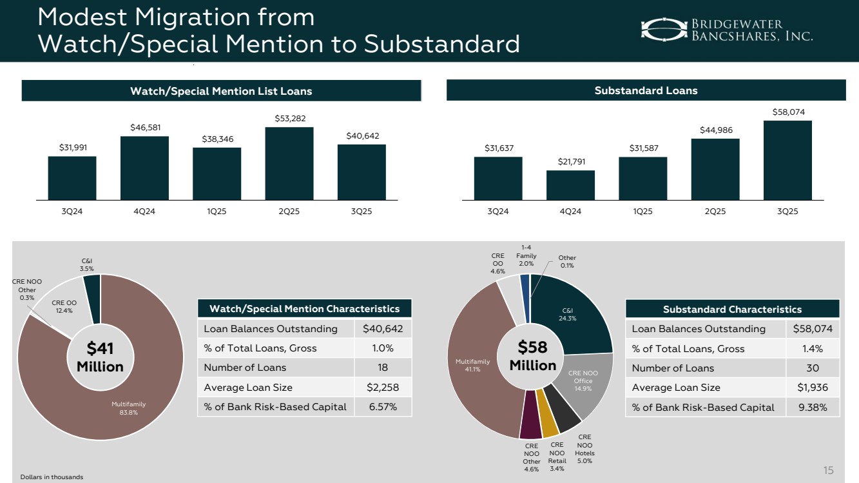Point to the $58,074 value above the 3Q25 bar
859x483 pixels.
[787, 112]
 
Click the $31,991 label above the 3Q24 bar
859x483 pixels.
[72, 148]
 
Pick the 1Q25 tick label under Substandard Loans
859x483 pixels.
[642, 212]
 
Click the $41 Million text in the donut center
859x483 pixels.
[100, 357]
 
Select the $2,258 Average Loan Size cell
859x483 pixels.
[383, 388]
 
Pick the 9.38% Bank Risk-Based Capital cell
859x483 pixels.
[811, 407]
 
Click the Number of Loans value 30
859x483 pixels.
[812, 368]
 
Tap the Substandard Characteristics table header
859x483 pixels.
[732, 310]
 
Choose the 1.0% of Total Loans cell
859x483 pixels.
[383, 348]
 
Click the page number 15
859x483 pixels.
[829, 469]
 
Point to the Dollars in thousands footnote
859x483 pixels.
[52, 477]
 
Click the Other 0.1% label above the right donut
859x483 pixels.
[567, 262]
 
